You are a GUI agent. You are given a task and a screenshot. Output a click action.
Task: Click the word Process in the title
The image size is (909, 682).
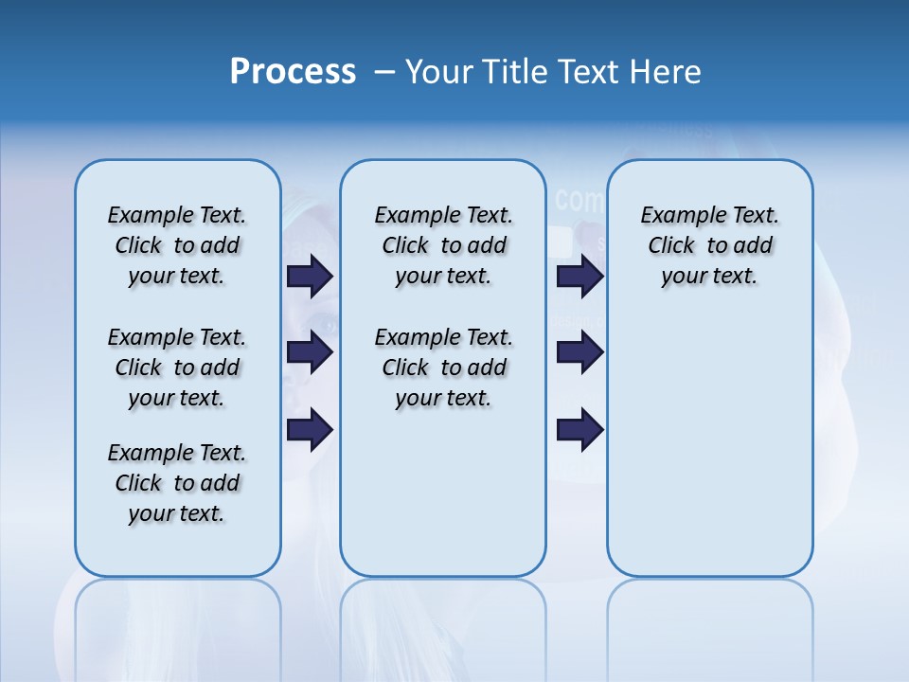[293, 72]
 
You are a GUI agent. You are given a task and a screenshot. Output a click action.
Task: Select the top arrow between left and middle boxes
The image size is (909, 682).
[310, 277]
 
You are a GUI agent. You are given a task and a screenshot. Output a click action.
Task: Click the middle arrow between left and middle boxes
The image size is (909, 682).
[310, 352]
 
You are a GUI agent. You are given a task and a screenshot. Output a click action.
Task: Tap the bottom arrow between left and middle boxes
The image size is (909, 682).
[310, 430]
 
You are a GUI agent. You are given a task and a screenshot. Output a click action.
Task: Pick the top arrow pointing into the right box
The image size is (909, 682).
[580, 277]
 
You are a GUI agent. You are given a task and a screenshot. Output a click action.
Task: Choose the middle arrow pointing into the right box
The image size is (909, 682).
[580, 352]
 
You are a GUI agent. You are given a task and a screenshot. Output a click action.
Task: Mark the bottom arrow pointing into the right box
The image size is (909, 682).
[580, 430]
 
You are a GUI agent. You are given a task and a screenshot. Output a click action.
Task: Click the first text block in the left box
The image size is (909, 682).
[177, 245]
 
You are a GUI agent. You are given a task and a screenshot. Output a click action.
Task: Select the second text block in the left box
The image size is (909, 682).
[177, 368]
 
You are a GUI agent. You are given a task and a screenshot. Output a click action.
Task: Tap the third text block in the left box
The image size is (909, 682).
[177, 483]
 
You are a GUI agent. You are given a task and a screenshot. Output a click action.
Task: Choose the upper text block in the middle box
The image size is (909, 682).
[443, 245]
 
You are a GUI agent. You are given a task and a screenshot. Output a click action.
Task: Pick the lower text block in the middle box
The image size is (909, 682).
[443, 368]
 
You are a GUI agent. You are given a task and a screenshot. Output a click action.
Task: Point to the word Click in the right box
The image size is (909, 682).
[671, 246]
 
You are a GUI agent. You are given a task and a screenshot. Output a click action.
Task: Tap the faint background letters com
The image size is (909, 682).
[579, 200]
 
